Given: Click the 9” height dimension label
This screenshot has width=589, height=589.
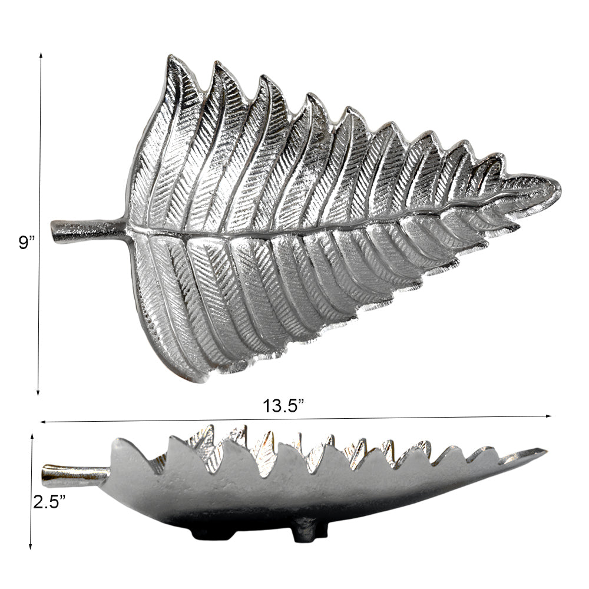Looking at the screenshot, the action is click(x=27, y=243).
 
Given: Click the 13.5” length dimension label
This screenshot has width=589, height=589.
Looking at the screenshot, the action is click(x=283, y=406).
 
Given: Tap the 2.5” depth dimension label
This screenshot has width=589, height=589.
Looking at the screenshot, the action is click(x=49, y=502).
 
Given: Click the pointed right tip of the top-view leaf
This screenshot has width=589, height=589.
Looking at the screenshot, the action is click(x=560, y=187).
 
